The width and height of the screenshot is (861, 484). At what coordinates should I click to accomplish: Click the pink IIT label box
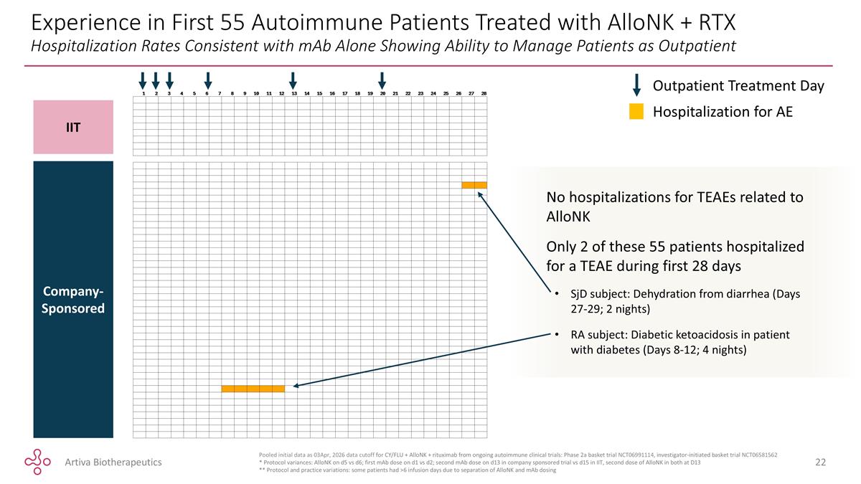point(73,127)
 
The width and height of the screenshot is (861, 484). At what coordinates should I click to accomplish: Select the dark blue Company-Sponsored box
point(73,299)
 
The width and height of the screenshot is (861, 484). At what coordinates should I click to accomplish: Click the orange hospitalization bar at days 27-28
point(474,185)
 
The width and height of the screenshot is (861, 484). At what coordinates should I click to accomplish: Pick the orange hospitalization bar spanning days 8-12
point(253,389)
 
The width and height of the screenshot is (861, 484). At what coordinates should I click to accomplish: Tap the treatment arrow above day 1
point(143,80)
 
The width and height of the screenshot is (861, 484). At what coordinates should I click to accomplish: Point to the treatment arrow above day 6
point(208,80)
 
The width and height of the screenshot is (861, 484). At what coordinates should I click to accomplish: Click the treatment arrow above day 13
point(293,80)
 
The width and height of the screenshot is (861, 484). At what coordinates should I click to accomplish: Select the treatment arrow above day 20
point(382,80)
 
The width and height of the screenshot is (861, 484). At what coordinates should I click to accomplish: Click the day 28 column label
point(484,93)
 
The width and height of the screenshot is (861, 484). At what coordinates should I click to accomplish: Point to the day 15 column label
point(319,93)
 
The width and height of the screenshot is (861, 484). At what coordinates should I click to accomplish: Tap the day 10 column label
point(256,93)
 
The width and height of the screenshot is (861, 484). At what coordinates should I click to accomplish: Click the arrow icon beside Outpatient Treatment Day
point(636,85)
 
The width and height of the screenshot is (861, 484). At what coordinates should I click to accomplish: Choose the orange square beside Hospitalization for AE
point(636,111)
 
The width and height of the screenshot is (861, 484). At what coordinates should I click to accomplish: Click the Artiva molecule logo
point(37,462)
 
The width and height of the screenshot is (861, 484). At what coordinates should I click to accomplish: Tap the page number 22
point(820,462)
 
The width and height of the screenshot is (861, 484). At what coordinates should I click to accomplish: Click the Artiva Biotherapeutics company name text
point(113,462)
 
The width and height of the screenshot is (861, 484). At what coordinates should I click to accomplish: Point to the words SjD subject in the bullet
point(600,294)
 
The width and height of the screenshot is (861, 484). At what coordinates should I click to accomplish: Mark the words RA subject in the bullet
point(598,335)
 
